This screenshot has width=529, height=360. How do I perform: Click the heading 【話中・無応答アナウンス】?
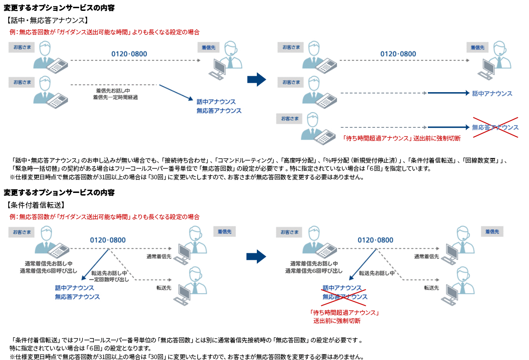tap(47, 20)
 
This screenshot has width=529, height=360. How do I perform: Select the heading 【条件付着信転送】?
tap(37, 205)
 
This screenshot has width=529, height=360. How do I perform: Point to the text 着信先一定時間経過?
tap(115, 97)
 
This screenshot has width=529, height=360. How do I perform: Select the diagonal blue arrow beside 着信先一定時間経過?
tap(176, 92)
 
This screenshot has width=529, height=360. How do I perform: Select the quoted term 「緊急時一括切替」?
tap(34, 168)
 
